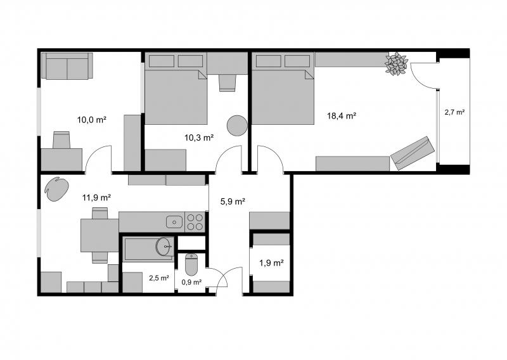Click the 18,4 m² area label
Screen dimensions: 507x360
342,116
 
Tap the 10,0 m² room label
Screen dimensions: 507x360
92,120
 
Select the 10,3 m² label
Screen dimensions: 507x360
199,138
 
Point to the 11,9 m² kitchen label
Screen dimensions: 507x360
97,197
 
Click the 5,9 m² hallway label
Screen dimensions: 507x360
233,202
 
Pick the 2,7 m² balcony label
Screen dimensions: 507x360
454,112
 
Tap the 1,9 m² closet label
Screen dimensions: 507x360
271,263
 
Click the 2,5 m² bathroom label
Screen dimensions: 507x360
159,278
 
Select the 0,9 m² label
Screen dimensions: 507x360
192,282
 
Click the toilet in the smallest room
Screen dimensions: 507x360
191,264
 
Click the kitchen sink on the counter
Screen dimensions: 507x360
175,222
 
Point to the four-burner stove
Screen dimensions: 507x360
195,222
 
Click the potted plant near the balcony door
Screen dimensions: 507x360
395,64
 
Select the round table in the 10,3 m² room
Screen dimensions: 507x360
237,125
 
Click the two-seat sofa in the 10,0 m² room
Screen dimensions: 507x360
67,66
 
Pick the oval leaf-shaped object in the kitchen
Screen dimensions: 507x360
56,189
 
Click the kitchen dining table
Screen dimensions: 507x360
99,235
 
